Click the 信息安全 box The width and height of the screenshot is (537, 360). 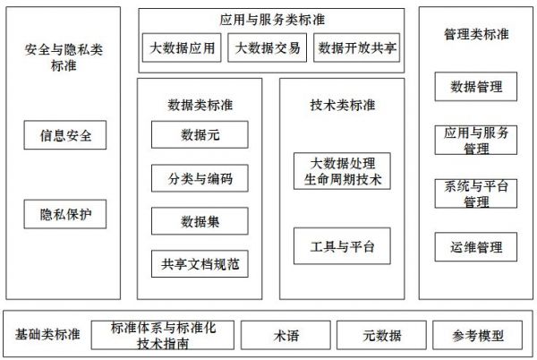pyautogui.click(x=65, y=135)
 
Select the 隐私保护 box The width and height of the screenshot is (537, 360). pyautogui.click(x=65, y=214)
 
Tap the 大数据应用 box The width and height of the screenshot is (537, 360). pyautogui.click(x=182, y=47)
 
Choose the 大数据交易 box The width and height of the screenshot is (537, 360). pyautogui.click(x=267, y=47)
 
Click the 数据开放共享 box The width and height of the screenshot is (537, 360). pyautogui.click(x=356, y=47)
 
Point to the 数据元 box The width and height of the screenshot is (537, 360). pyautogui.click(x=200, y=134)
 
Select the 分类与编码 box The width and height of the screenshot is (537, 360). pyautogui.click(x=200, y=178)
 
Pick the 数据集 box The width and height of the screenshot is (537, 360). pyautogui.click(x=200, y=221)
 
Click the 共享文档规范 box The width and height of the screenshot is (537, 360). pyautogui.click(x=200, y=264)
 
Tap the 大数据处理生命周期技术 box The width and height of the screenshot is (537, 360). pyautogui.click(x=342, y=171)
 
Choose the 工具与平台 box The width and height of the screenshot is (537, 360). pyautogui.click(x=342, y=246)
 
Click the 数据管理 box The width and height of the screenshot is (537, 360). pyautogui.click(x=476, y=86)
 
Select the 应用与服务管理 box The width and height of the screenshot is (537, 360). pyautogui.click(x=476, y=140)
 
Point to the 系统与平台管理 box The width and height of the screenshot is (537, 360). pyautogui.click(x=476, y=193)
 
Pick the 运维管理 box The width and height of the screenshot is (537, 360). pyautogui.click(x=476, y=247)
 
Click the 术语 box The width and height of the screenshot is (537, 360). pyautogui.click(x=286, y=335)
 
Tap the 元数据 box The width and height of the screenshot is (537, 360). pyautogui.click(x=381, y=335)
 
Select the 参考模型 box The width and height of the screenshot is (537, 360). pyautogui.click(x=477, y=335)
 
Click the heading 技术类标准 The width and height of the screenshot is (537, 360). pyautogui.click(x=342, y=105)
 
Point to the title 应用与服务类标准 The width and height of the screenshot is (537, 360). pyautogui.click(x=272, y=20)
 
